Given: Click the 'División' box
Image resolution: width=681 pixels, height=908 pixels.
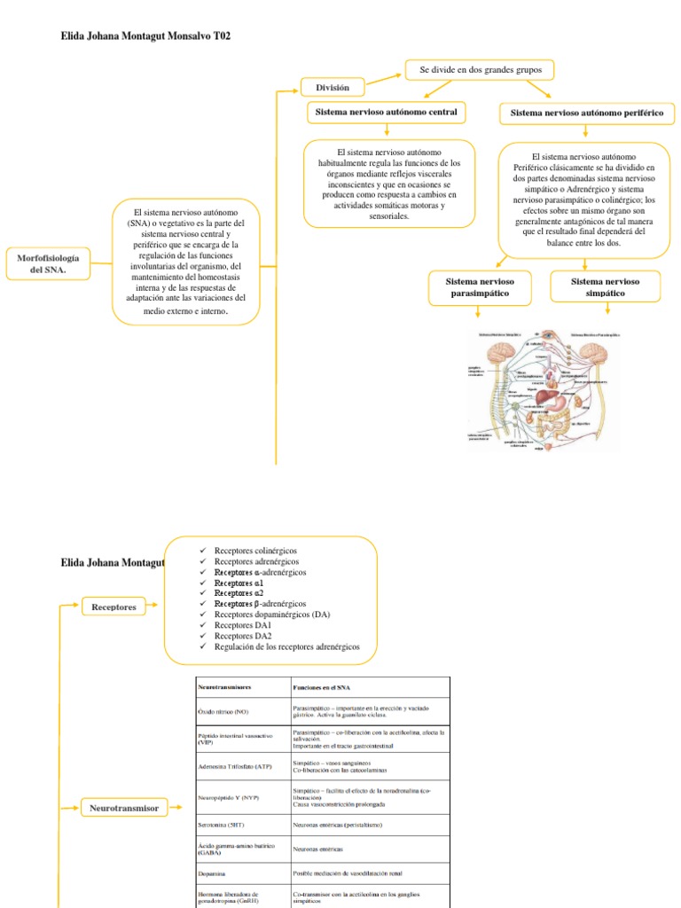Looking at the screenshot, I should click(326, 87).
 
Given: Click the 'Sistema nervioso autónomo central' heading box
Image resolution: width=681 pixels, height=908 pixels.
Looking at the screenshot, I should click(387, 113).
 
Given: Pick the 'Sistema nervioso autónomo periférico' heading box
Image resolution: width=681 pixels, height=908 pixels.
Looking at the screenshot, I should click(587, 113).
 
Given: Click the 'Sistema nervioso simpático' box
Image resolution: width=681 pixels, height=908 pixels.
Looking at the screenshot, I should click(606, 287).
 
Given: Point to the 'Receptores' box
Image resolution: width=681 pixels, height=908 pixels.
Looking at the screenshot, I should click(114, 607).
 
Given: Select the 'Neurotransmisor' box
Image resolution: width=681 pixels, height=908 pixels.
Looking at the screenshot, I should click(123, 807).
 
